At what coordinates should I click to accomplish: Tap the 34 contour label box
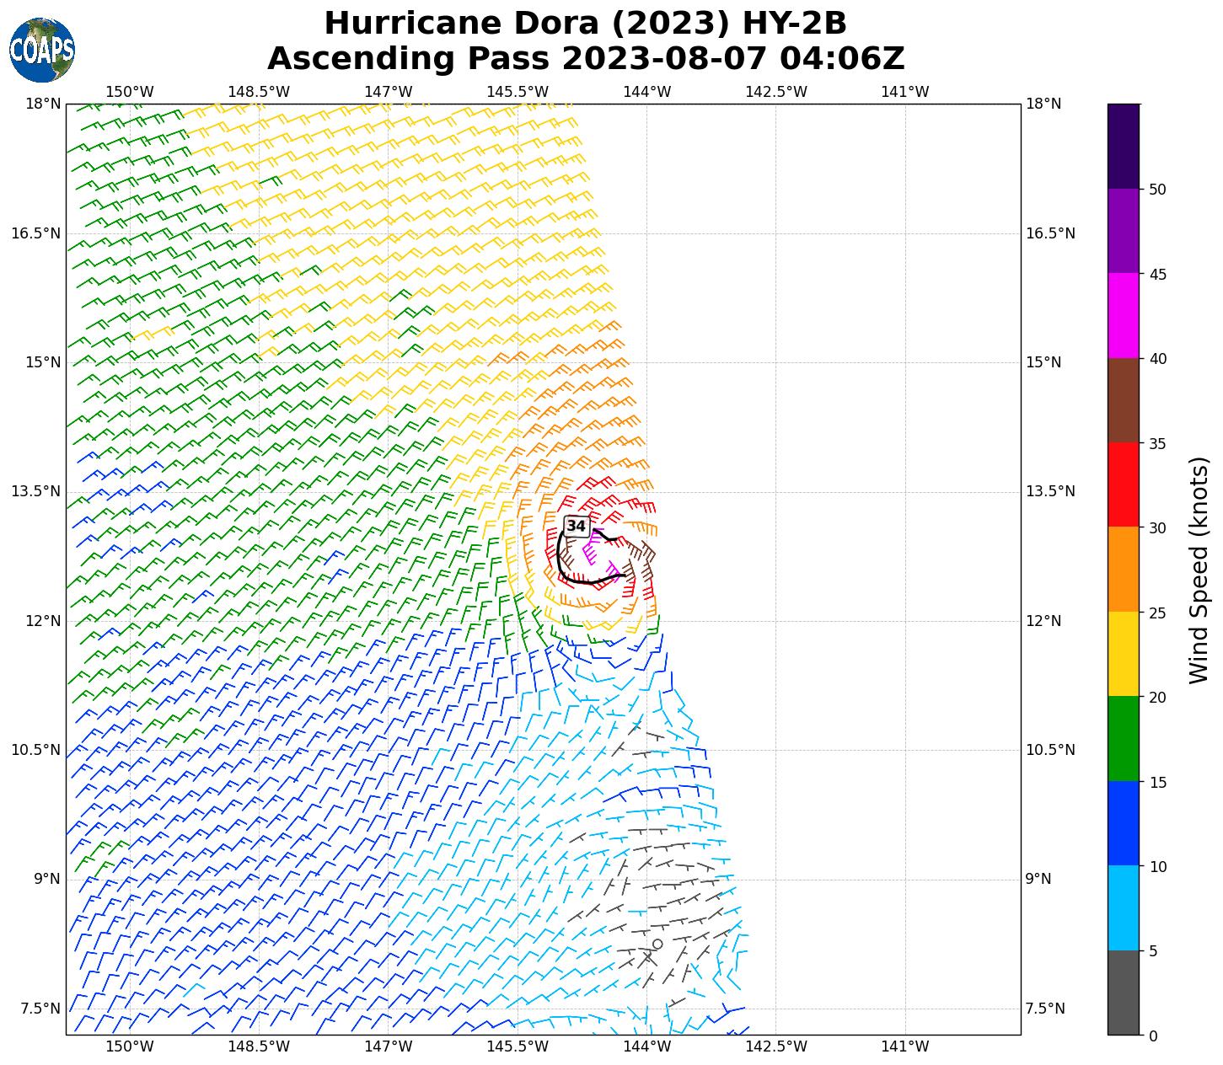tap(576, 526)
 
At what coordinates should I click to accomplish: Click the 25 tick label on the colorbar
tap(1157, 613)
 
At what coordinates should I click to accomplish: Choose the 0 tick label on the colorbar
tap(1153, 1036)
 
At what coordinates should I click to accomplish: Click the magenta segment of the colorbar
tap(1123, 315)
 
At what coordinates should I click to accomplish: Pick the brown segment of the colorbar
tap(1123, 400)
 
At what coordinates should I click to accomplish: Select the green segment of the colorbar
tap(1123, 738)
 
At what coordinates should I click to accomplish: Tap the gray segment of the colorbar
tap(1123, 993)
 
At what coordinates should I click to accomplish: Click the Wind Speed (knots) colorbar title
tap(1199, 570)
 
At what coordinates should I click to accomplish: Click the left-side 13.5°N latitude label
tap(35, 492)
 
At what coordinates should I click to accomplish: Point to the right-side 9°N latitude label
tap(1038, 880)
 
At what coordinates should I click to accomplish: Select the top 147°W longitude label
tap(388, 92)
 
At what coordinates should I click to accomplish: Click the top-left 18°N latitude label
tap(43, 104)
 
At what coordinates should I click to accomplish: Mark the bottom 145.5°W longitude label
tap(518, 1047)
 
